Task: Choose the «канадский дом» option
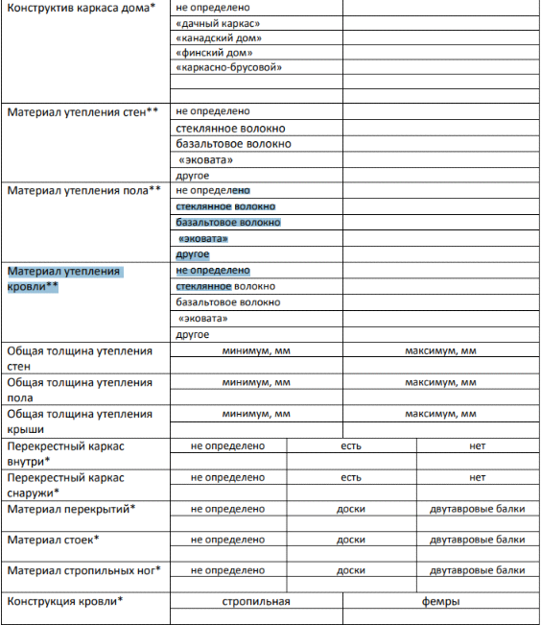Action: [220, 38]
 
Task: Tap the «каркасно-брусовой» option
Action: [229, 69]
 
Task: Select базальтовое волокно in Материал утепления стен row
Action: [234, 144]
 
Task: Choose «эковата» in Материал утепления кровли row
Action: [205, 318]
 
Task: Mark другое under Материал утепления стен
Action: [193, 176]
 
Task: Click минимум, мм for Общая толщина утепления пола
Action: [255, 382]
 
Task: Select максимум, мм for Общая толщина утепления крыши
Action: [440, 414]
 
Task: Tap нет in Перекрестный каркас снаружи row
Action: [478, 477]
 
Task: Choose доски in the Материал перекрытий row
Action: [351, 509]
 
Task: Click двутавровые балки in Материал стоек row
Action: [478, 540]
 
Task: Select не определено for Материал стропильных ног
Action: [228, 570]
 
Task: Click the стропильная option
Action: [255, 602]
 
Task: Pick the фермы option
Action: [440, 602]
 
